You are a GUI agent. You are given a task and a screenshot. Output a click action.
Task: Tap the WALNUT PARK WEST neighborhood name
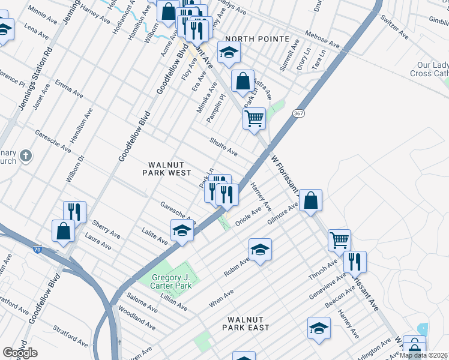pyautogui.click(x=166, y=169)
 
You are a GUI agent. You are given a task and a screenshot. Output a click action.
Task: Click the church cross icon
pyautogui.click(x=25, y=157)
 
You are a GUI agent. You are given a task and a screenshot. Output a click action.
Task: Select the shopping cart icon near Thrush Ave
pyautogui.click(x=339, y=240)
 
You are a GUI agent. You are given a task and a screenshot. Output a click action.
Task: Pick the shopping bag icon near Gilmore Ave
pyautogui.click(x=311, y=201)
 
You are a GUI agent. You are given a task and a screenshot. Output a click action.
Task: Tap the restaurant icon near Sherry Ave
pyautogui.click(x=75, y=211)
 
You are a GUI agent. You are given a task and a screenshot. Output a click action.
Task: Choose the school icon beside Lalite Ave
pyautogui.click(x=182, y=230)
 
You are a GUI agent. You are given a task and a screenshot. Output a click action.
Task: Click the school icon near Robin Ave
pyautogui.click(x=260, y=249)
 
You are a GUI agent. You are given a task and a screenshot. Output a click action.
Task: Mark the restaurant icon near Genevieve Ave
pyautogui.click(x=355, y=261)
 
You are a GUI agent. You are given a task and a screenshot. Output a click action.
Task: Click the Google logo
pyautogui.click(x=20, y=352)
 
